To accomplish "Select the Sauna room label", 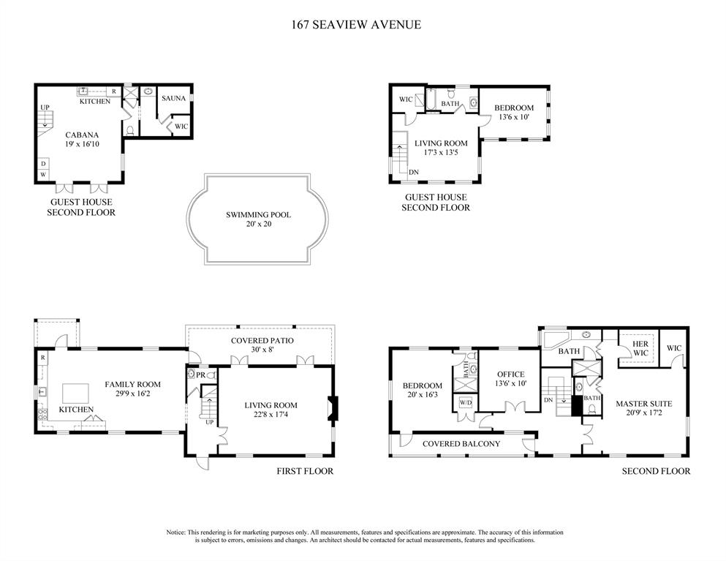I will pos(173,98).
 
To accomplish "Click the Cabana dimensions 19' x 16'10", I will pos(82,145).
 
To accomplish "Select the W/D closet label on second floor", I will pos(466,403).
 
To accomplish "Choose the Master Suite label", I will pos(643,403).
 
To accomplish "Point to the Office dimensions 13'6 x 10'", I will pos(511,383).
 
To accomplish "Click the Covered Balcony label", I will pos(461,444).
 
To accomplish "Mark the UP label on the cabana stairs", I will pos(45,108).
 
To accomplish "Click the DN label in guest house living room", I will pos(414,173).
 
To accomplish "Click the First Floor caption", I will pos(304,471).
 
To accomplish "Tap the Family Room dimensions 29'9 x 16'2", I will pos(132,394).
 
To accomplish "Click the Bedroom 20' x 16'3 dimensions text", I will pos(423,396).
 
